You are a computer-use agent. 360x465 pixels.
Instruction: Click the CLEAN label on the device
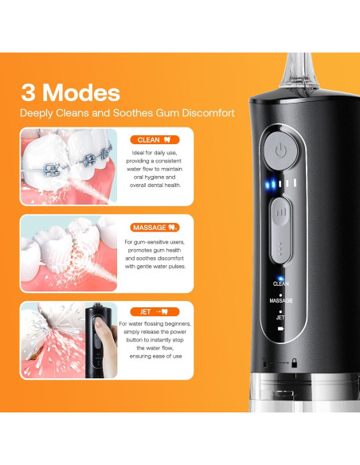click(281, 283)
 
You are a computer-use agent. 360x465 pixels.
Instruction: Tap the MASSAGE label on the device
click(281, 300)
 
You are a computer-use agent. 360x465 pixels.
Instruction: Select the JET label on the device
click(280, 317)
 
